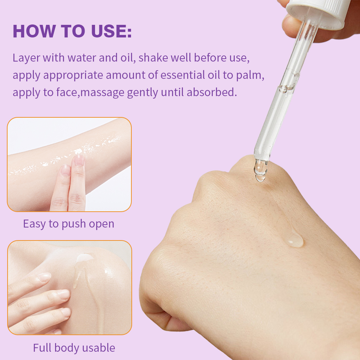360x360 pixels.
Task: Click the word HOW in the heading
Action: point(34,31)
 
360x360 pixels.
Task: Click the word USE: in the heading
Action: point(111,31)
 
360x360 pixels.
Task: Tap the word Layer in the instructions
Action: point(26,58)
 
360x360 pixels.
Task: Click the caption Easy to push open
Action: point(69,224)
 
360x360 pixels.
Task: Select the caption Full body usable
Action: point(74,348)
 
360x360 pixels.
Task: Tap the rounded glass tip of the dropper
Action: point(261,171)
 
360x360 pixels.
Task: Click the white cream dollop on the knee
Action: point(85,258)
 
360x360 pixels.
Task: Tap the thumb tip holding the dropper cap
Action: point(290,26)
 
